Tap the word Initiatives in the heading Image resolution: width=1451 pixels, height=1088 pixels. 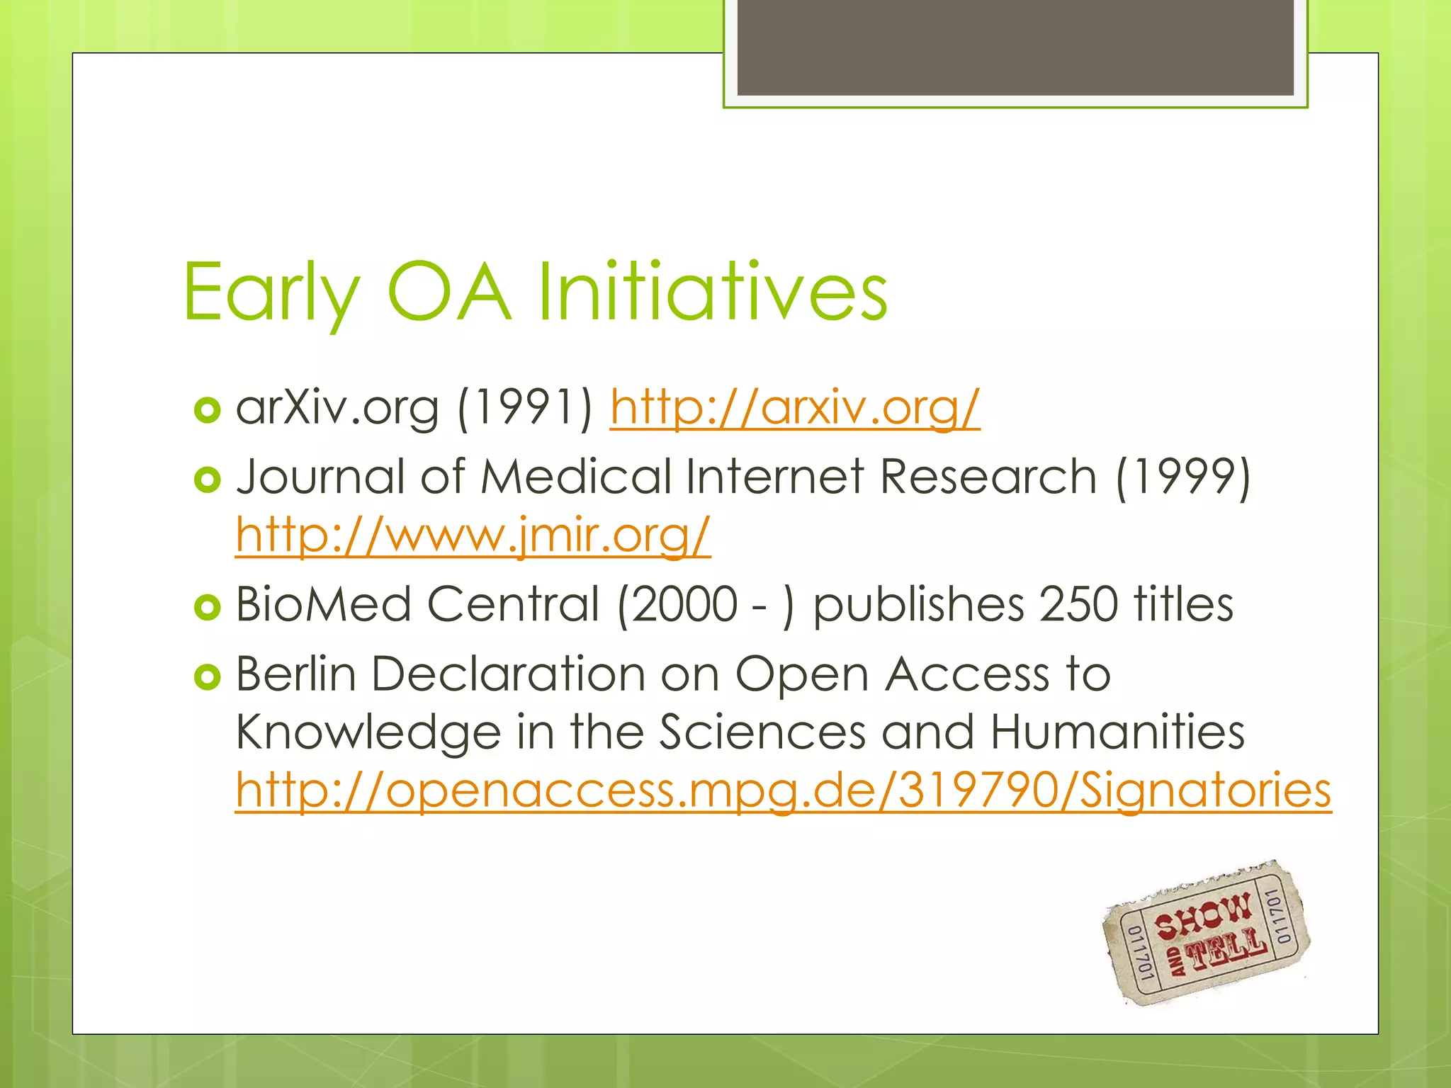(x=712, y=292)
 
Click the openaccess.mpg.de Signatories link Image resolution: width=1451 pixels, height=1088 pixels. (x=783, y=790)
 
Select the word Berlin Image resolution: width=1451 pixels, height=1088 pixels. (x=295, y=674)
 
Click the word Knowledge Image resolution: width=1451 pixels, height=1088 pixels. (x=368, y=732)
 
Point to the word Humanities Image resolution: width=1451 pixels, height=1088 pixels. (x=1117, y=732)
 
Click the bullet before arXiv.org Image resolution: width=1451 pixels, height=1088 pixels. (x=207, y=410)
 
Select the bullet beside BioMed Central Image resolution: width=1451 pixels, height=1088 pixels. (x=207, y=608)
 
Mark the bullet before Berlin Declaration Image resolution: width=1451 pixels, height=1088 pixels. (x=207, y=677)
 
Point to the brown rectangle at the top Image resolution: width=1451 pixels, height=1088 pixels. (x=1015, y=47)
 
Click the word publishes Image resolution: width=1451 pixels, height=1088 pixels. (x=918, y=606)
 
